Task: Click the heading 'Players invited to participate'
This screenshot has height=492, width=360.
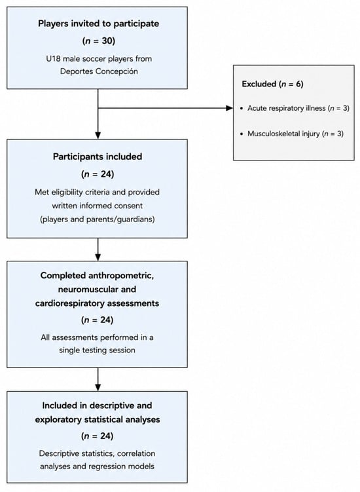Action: click(x=98, y=24)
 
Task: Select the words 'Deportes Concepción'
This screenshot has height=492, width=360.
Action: click(x=99, y=71)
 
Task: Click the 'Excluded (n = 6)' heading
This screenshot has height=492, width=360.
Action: click(x=272, y=84)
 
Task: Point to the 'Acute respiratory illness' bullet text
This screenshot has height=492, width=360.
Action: click(x=287, y=108)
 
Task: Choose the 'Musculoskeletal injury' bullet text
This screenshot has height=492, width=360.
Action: click(x=283, y=134)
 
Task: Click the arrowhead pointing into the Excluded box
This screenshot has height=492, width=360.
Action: click(x=230, y=108)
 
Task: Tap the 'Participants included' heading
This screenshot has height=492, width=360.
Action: click(x=98, y=157)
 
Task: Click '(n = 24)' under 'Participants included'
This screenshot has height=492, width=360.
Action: click(x=98, y=174)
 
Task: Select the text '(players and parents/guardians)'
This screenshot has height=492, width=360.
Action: click(x=98, y=219)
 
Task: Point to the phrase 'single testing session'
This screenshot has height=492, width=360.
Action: click(x=98, y=350)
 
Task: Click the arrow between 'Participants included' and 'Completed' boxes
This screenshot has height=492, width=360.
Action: click(x=98, y=250)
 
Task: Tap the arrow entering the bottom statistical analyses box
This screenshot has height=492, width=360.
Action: click(x=98, y=379)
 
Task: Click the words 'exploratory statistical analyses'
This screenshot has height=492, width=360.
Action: click(x=98, y=419)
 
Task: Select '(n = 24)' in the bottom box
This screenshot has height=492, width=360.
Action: click(x=98, y=436)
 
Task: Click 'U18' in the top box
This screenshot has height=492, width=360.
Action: click(x=53, y=59)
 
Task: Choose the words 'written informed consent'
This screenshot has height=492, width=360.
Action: click(x=98, y=206)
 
